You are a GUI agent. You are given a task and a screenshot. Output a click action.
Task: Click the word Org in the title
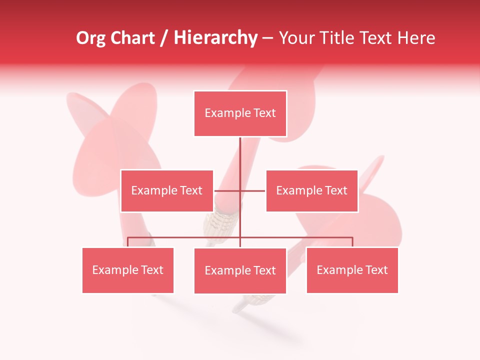pos(91,38)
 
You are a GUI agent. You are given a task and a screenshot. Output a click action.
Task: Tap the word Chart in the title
pos(131,38)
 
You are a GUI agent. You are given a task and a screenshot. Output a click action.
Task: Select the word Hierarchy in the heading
pos(215,38)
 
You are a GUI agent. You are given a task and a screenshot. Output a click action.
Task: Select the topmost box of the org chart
pos(240,113)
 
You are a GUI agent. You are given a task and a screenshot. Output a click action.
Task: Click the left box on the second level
pos(166,190)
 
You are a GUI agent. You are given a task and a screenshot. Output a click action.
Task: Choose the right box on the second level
pos(311,190)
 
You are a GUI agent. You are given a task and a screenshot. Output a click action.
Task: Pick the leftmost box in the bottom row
pos(127,270)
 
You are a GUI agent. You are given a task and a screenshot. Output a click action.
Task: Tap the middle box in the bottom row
pos(240,270)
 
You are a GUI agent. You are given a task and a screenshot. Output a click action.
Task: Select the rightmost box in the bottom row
pos(352,270)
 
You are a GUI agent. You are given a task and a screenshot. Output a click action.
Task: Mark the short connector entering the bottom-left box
pos(127,242)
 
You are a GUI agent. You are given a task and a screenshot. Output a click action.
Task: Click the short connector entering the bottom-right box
pos(352,242)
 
